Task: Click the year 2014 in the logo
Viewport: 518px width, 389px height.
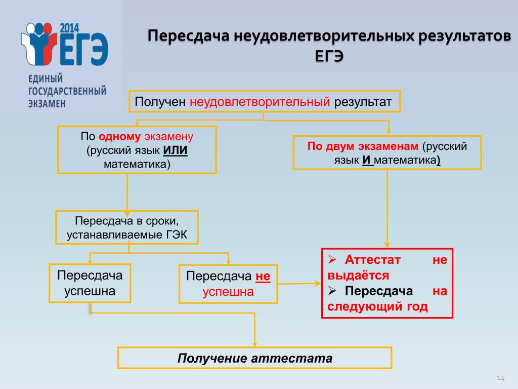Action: (x=69, y=28)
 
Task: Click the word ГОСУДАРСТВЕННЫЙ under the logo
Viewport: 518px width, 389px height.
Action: (x=67, y=91)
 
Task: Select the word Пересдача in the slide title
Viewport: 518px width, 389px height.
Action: (x=188, y=36)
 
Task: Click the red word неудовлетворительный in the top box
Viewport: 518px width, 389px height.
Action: (x=260, y=101)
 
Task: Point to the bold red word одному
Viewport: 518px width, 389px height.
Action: (x=119, y=136)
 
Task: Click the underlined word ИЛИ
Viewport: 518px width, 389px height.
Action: (x=176, y=150)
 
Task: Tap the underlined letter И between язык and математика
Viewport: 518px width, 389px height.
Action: (x=367, y=160)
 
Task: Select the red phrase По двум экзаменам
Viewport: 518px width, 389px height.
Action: (x=363, y=146)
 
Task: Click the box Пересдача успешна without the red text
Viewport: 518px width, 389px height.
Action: (x=90, y=283)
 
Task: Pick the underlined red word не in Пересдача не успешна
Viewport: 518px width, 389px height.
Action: (x=263, y=276)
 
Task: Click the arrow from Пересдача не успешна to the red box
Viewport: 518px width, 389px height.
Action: (x=299, y=284)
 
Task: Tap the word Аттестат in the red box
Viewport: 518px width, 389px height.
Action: (x=372, y=260)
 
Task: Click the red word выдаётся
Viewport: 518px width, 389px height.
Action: (x=358, y=275)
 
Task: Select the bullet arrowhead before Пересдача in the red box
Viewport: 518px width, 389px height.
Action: (x=332, y=291)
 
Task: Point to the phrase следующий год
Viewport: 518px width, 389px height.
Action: (x=377, y=306)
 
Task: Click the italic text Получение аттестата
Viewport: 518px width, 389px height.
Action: (x=255, y=358)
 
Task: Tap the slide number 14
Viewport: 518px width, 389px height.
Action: (x=500, y=378)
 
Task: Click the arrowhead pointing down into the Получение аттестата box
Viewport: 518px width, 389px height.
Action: (x=255, y=344)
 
